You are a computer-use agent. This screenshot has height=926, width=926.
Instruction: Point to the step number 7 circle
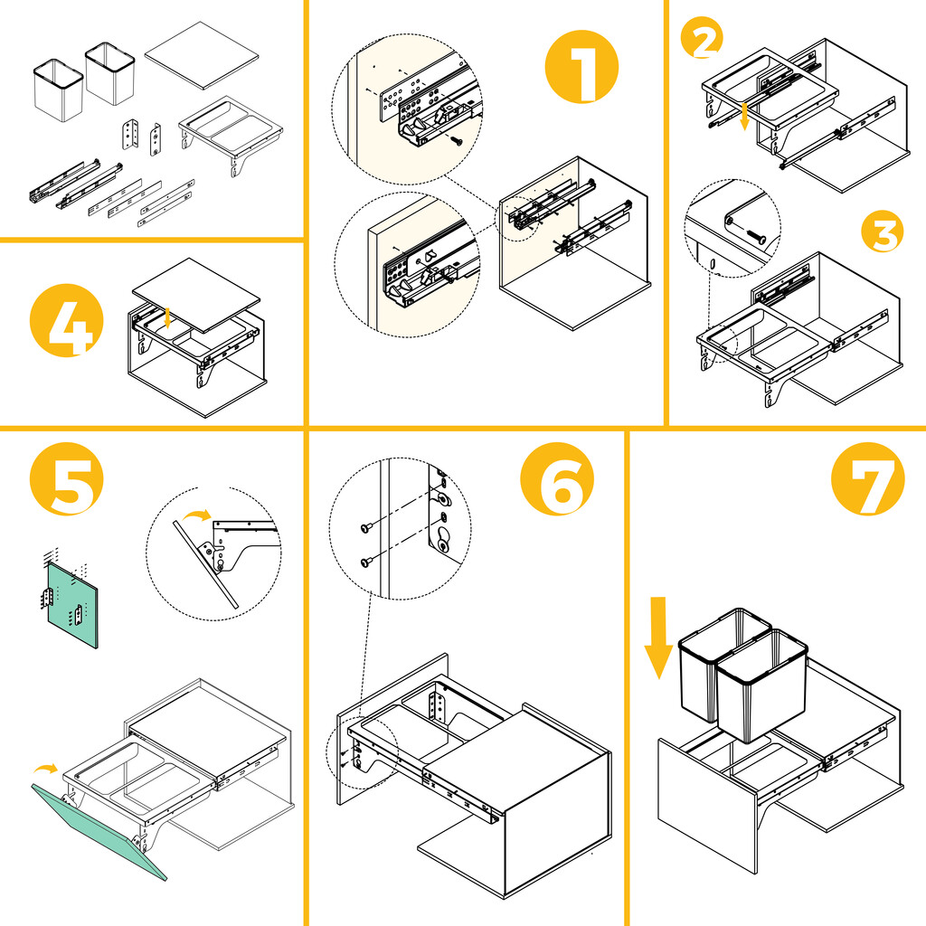coord(867,479)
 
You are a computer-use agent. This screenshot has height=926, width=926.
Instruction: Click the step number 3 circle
coord(881,235)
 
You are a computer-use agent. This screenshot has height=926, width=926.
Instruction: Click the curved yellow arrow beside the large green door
coord(43,769)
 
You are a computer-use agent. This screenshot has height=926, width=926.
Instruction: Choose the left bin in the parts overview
coord(58,90)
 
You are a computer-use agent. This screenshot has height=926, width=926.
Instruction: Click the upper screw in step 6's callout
coord(370,527)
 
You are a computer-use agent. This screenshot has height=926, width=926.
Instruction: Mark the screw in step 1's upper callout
coord(458,140)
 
